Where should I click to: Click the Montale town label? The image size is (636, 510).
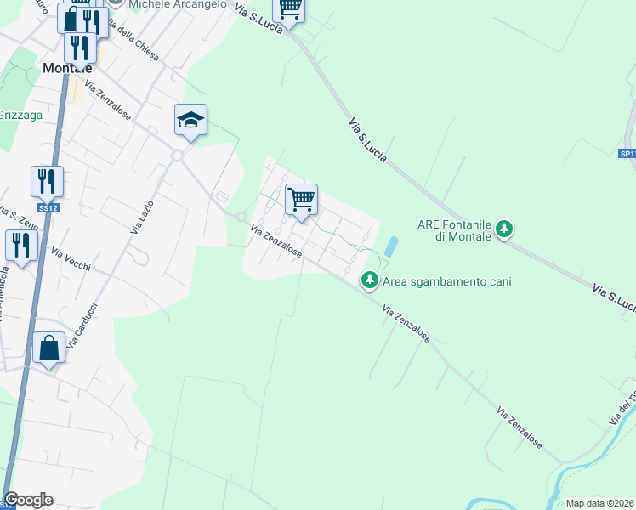(67, 69)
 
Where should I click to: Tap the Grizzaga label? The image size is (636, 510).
(14, 115)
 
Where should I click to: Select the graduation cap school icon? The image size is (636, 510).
(191, 121)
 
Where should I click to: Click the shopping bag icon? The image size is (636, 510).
(49, 348)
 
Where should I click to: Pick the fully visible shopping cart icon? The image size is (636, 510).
(301, 200)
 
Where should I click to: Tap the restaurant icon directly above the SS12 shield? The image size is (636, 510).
(47, 181)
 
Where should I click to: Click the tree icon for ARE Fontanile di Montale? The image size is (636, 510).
(505, 229)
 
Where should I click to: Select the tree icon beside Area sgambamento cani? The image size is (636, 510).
(370, 279)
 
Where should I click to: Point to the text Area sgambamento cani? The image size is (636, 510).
(447, 281)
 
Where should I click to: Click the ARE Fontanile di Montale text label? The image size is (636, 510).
(455, 230)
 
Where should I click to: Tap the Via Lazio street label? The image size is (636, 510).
(139, 216)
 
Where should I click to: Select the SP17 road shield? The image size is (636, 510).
(627, 154)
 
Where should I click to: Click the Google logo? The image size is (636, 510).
(28, 500)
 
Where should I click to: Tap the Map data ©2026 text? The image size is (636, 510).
(599, 503)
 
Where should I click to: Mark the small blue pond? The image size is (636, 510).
(390, 247)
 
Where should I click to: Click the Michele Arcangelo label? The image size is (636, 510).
(178, 4)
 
